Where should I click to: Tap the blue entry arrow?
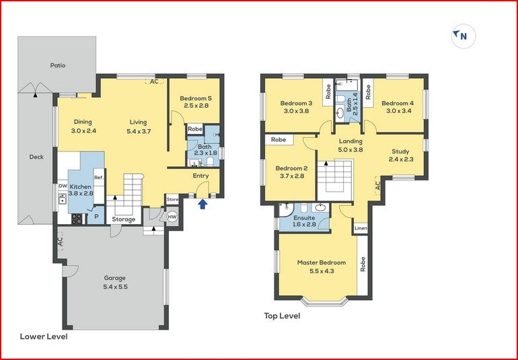coord(203,204)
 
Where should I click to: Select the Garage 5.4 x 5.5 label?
coord(114,282)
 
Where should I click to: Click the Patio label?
coord(58,65)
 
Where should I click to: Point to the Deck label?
coord(36,157)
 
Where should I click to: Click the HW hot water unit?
coord(172,217)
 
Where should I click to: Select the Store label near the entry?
coord(173,199)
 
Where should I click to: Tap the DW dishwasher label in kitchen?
coord(63,186)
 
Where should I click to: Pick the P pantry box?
coord(96,217)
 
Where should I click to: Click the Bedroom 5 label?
coord(195,102)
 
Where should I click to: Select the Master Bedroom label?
coord(321,266)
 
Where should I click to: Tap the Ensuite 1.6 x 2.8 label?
coord(304,221)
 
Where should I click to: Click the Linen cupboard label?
coord(361,228)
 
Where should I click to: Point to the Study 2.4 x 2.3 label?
coord(400,155)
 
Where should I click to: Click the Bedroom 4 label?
coord(398,107)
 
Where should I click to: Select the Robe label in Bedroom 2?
coord(279,140)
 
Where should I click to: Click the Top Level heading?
coord(282,316)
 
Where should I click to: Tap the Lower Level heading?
coord(44,336)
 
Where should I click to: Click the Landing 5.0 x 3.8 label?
coord(350,145)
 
